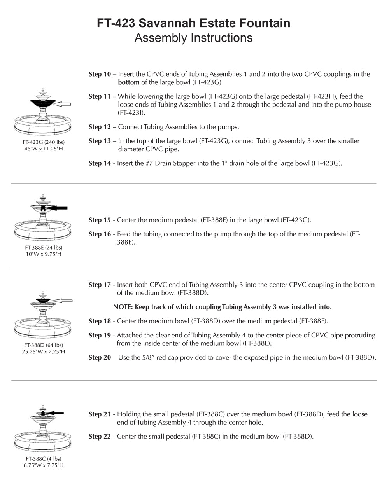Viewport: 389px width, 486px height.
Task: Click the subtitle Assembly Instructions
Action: click(193, 38)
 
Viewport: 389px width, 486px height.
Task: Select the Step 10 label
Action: click(100, 74)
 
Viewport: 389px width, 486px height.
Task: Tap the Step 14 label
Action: click(100, 163)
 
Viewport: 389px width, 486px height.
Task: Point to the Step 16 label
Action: click(100, 234)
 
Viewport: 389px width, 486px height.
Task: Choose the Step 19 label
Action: click(100, 335)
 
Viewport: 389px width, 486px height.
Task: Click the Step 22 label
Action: click(100, 437)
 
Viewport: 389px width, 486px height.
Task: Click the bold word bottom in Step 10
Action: click(128, 82)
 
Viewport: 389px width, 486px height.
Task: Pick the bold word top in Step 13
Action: click(141, 141)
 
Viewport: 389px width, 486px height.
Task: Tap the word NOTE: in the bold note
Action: click(123, 307)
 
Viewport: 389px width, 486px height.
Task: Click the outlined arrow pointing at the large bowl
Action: click(63, 104)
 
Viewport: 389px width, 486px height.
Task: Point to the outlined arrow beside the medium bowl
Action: click(63, 301)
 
